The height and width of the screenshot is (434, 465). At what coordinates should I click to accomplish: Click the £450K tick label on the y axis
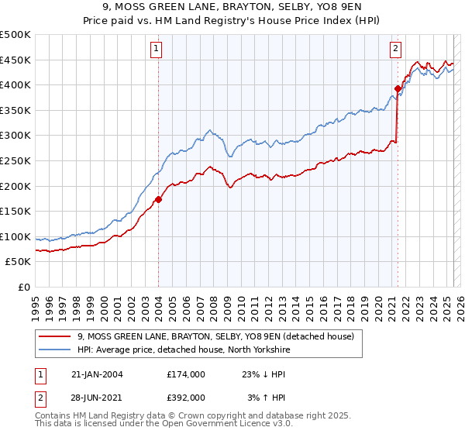[15, 60]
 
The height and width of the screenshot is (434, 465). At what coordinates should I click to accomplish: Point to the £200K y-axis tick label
[15, 186]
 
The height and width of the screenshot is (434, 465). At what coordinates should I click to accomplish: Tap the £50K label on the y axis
[19, 262]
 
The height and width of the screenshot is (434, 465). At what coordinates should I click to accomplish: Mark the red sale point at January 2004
[158, 199]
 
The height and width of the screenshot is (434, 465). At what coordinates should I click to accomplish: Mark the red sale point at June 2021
[398, 89]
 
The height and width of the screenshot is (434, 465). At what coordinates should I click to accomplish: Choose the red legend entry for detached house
[215, 336]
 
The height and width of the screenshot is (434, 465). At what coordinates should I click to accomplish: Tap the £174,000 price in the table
[186, 374]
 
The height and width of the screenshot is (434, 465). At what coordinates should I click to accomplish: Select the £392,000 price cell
[186, 397]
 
